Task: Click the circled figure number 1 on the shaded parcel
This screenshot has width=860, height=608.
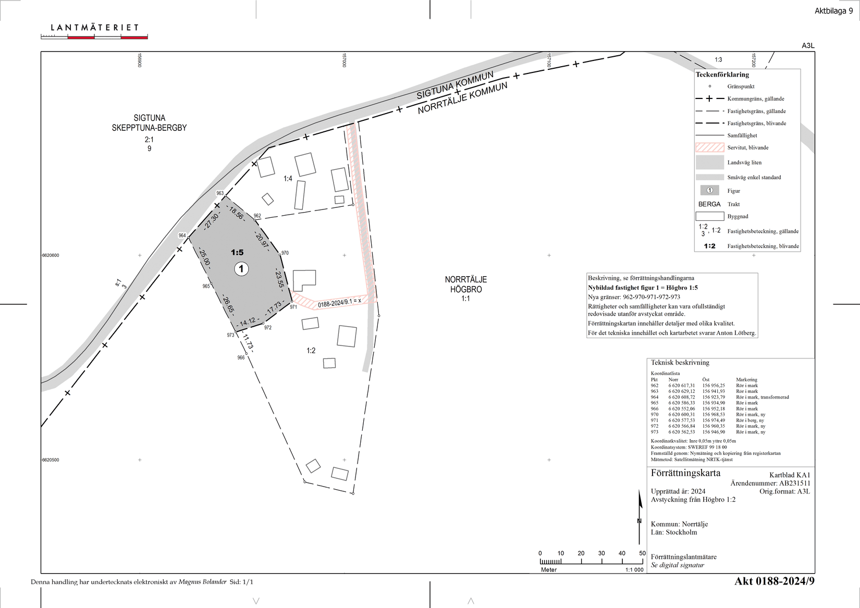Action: point(241,269)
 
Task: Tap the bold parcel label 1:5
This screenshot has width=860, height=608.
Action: point(237,252)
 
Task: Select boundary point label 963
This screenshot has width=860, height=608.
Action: point(220,193)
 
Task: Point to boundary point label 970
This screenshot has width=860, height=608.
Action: point(285,253)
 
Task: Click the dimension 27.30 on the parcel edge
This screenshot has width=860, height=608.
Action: point(212,221)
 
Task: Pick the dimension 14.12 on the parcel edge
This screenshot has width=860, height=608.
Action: point(248,322)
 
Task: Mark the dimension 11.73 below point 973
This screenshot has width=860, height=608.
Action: point(248,342)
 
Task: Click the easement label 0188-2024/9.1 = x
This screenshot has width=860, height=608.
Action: point(339,303)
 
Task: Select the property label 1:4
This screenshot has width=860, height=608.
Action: point(288,179)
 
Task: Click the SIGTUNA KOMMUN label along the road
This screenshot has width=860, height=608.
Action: point(455,85)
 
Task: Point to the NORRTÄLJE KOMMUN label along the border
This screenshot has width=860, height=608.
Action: point(463,98)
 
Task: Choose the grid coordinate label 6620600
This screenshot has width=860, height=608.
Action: point(51,255)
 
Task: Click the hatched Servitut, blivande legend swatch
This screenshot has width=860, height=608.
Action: point(709,147)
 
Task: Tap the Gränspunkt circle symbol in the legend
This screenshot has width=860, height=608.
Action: point(710,86)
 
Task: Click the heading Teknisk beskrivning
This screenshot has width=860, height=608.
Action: point(680,362)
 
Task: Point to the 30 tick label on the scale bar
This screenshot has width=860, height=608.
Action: point(601,553)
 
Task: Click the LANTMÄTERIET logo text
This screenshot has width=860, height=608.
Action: point(94,28)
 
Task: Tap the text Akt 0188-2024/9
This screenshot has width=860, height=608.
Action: point(774,581)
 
